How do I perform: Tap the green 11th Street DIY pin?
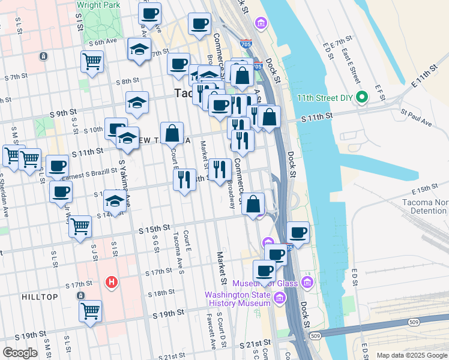pyautogui.click(x=361, y=97)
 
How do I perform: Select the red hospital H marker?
pyautogui.click(x=110, y=281)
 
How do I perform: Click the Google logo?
pyautogui.click(x=20, y=353)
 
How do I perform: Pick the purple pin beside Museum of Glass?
pyautogui.click(x=307, y=281)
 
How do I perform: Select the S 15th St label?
pyautogui.click(x=155, y=229)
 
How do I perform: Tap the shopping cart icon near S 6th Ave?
pyautogui.click(x=92, y=61)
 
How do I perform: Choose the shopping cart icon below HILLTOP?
pyautogui.click(x=90, y=311)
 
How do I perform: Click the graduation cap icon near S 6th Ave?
pyautogui.click(x=139, y=50)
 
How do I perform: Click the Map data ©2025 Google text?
pyautogui.click(x=411, y=355)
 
